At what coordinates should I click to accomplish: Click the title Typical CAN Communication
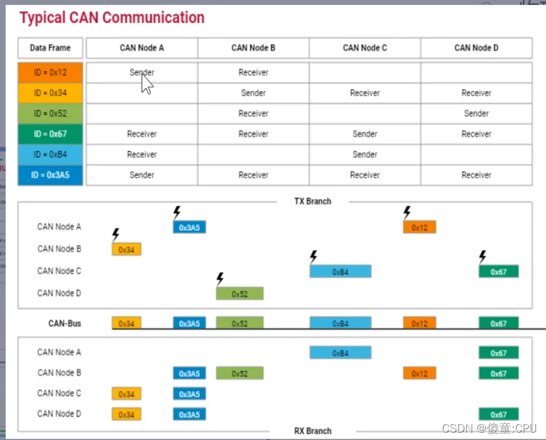[x=111, y=17]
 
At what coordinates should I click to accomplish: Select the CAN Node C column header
[x=365, y=48]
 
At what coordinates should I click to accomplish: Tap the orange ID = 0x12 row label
[x=50, y=72]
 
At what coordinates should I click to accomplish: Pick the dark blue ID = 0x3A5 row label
[x=50, y=175]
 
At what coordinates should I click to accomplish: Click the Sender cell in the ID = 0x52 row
[x=476, y=113]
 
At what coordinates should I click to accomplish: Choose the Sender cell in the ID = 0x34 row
[x=253, y=93]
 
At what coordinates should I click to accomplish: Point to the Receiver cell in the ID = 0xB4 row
[x=142, y=154]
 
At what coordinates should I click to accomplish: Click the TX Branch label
[x=313, y=201]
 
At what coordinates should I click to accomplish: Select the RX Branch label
[x=313, y=431]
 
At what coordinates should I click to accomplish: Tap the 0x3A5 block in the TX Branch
[x=189, y=228]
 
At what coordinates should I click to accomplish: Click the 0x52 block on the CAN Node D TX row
[x=240, y=294]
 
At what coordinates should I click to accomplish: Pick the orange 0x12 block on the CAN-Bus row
[x=420, y=324]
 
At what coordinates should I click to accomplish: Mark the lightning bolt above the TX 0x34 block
[x=115, y=235]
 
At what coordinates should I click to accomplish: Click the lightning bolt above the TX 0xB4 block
[x=313, y=256]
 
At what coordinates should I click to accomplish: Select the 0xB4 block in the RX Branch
[x=340, y=353]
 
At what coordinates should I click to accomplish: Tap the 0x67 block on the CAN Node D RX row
[x=498, y=415]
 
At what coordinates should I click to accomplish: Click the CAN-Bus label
[x=64, y=323]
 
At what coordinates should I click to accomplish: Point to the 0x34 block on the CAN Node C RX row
[x=126, y=394]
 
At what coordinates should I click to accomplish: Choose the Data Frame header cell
[x=50, y=48]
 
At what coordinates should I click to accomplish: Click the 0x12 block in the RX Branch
[x=420, y=374]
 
